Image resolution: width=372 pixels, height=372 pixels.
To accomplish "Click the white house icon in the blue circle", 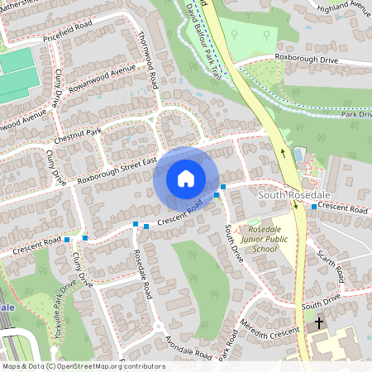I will tap(186, 178).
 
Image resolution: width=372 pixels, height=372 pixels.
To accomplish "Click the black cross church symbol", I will tap(318, 323).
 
